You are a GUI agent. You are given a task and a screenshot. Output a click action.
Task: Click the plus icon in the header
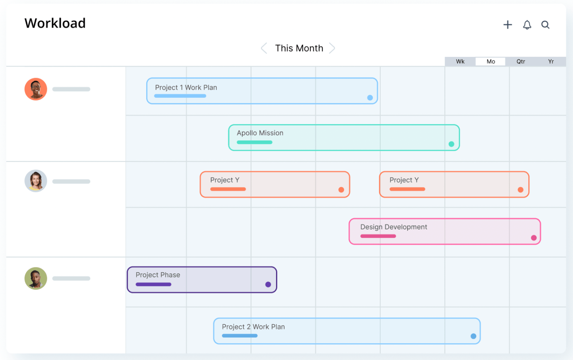[x=508, y=25]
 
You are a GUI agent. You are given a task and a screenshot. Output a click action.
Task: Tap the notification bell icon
[x=527, y=25]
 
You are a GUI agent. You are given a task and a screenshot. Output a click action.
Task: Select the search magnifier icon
[x=545, y=25]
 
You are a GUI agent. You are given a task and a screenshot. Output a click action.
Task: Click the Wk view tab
[x=460, y=62]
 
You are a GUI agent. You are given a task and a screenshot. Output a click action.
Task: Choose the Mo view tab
[x=490, y=62]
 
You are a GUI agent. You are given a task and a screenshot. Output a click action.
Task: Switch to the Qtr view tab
[x=521, y=62]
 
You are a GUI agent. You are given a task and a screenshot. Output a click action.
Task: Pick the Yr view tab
[x=551, y=62]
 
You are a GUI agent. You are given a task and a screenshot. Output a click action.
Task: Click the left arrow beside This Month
[x=264, y=48]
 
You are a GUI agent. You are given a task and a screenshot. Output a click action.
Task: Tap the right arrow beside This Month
[x=332, y=48]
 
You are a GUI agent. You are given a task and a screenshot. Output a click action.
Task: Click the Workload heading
[x=55, y=23]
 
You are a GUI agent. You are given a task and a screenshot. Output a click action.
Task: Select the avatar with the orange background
[x=36, y=89]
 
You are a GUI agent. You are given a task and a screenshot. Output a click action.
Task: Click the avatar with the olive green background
[x=36, y=279]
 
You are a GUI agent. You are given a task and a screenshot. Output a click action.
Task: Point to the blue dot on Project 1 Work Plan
[x=370, y=98]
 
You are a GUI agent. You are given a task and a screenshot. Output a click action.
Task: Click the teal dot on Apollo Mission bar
[x=451, y=144]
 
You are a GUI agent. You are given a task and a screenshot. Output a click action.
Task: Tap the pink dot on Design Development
[x=534, y=238]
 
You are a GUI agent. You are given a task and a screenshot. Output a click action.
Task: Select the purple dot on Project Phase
[x=268, y=285]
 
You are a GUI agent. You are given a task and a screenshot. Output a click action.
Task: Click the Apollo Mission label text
[x=260, y=133]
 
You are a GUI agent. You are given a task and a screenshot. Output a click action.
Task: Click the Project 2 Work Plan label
[x=253, y=327]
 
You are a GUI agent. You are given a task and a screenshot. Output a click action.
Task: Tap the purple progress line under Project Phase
[x=153, y=285]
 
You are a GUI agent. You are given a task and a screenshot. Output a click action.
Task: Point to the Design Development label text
[x=394, y=227]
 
